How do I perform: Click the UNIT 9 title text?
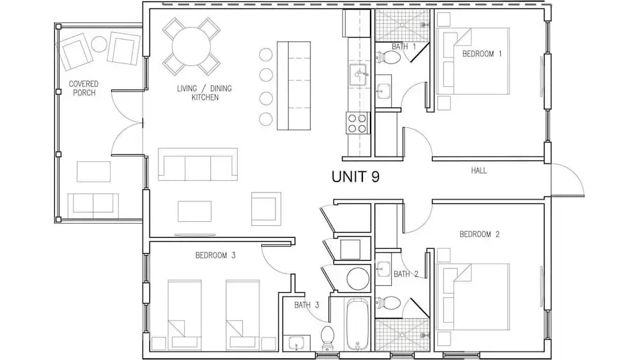coord(355,176)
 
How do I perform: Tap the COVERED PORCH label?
coord(84,88)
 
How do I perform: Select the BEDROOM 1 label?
coord(482,54)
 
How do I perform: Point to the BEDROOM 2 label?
coord(479,235)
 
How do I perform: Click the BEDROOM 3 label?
coord(215,256)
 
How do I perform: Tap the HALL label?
coord(479,171)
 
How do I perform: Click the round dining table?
coord(191,46)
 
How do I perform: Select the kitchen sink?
coord(358,75)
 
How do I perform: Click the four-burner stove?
coord(357,123)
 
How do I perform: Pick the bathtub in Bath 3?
coord(357,325)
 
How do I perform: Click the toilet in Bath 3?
coord(327,338)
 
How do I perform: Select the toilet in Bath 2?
coord(388,303)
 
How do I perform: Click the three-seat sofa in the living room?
coord(197,164)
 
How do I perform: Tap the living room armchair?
coord(266,208)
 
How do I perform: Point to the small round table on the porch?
coord(99,44)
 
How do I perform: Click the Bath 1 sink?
coord(383,91)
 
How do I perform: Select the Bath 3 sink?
coord(296,343)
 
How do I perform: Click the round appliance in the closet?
coord(357,279)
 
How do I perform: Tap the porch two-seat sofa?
coord(93,207)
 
